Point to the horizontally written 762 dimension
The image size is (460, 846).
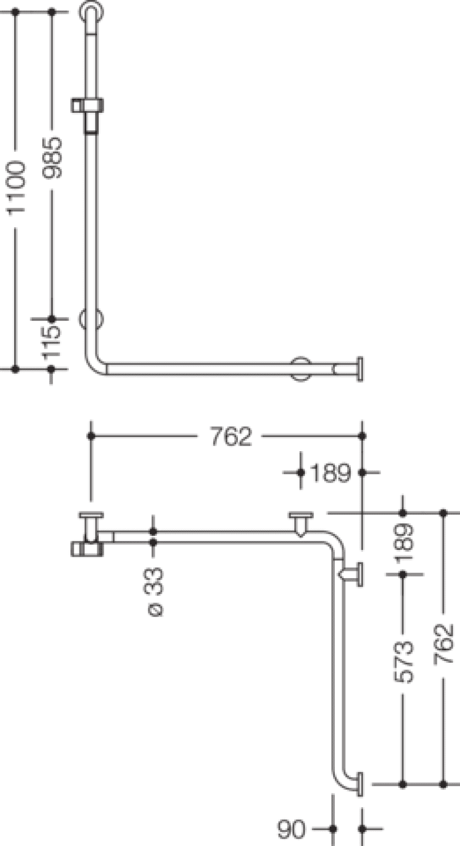point(231,437)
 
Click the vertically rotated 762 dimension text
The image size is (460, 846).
point(444,644)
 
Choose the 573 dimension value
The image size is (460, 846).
point(404,662)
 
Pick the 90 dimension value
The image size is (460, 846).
point(291,830)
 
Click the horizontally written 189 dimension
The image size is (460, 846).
point(330,473)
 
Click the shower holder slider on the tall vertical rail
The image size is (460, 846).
point(87,114)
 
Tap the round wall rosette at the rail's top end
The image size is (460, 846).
point(91,12)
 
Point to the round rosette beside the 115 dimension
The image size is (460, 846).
point(91,319)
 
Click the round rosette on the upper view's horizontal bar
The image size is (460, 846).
point(301,369)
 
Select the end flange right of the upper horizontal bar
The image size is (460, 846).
point(360,369)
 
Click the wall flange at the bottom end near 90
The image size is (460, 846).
point(360,784)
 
